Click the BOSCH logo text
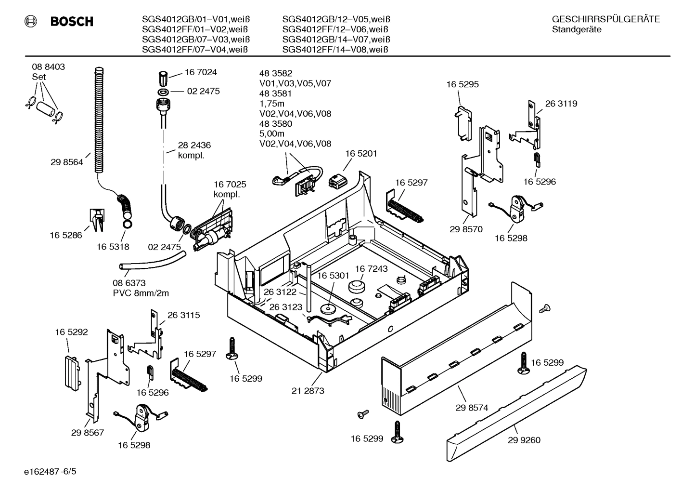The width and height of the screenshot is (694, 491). click(x=71, y=21)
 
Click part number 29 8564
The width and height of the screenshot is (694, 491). click(x=66, y=162)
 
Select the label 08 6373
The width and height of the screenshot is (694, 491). click(x=129, y=283)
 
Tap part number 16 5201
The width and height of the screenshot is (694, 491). click(x=361, y=154)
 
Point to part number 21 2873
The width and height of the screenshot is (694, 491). click(x=308, y=391)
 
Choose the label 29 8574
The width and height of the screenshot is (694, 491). click(x=472, y=408)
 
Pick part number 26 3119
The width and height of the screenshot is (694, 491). click(x=561, y=104)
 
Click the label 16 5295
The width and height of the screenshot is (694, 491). click(x=463, y=84)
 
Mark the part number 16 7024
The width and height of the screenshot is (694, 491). click(x=201, y=72)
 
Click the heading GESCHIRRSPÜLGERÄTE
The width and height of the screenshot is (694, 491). click(x=606, y=19)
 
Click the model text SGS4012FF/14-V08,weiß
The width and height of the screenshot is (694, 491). click(x=336, y=50)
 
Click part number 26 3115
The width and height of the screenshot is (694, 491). click(x=183, y=315)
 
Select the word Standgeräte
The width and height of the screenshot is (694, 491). click(x=577, y=29)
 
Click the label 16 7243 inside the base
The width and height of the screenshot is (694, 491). click(x=371, y=268)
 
